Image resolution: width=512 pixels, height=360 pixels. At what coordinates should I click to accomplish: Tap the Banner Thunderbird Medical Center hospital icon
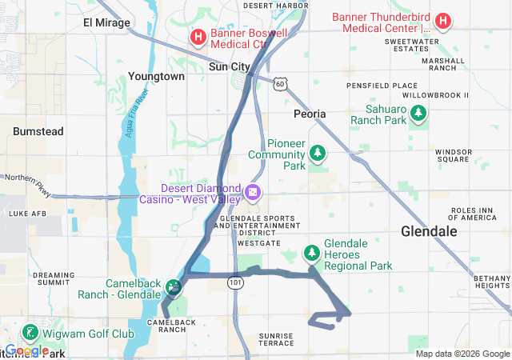click(x=443, y=21)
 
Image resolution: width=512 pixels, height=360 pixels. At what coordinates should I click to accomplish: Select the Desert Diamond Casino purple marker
click(x=253, y=192)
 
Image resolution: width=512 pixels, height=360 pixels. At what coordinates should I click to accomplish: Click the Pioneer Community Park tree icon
click(x=318, y=151)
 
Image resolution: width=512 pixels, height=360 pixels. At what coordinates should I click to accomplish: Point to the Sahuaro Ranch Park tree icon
click(x=417, y=117)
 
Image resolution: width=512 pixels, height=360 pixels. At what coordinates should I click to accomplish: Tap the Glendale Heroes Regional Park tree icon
click(x=311, y=254)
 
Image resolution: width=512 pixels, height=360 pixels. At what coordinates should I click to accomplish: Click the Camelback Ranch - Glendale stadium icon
click(x=174, y=286)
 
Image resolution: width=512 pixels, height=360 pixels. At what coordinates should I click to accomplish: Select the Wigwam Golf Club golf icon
click(x=30, y=332)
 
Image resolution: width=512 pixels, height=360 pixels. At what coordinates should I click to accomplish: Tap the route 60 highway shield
click(x=278, y=82)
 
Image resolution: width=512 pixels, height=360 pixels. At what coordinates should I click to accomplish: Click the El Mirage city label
click(x=106, y=22)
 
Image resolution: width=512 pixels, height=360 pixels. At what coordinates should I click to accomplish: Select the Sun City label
click(x=230, y=67)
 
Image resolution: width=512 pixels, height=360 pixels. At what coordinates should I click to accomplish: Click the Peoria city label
click(x=310, y=114)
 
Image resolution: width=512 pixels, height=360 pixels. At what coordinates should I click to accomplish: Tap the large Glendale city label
click(x=429, y=231)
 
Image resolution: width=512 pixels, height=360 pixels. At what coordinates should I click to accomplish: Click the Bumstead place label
click(x=38, y=130)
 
